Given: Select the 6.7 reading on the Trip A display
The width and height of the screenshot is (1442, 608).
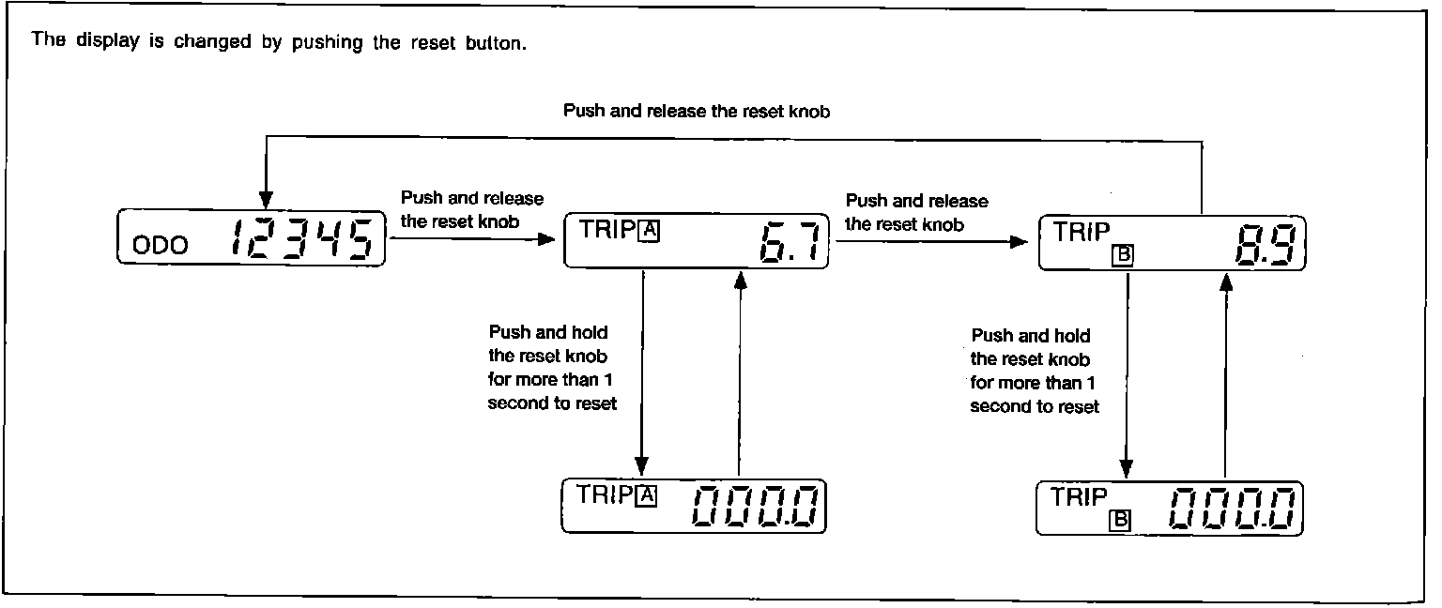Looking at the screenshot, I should click(791, 244).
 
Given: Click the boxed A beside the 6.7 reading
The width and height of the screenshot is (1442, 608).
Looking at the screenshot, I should click(649, 231).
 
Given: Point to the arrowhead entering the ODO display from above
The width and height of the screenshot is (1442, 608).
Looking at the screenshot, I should click(266, 199).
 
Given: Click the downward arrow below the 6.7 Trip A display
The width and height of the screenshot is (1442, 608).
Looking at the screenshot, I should click(642, 375).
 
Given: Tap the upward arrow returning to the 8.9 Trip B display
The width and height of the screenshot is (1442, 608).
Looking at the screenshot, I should click(1224, 375).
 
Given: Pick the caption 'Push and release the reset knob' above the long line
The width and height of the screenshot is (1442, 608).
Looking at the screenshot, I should click(697, 111).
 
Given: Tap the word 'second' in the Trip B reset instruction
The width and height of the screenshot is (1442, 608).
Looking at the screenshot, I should click(998, 407).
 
